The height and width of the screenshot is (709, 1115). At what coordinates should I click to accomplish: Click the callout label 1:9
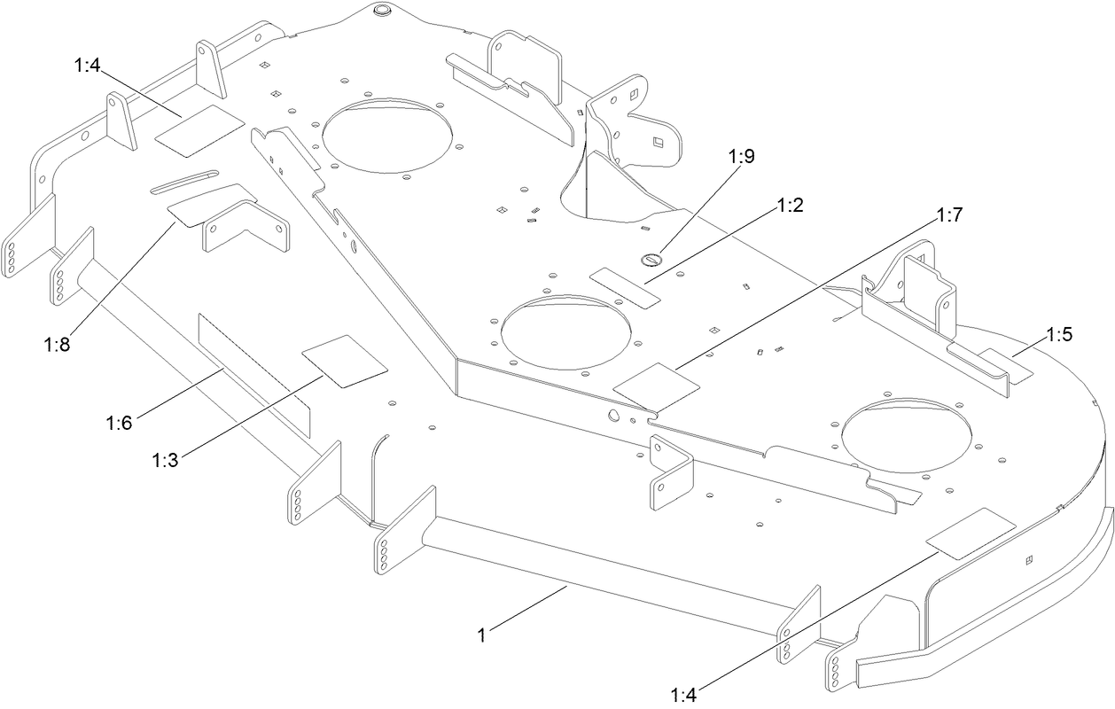pos(742,157)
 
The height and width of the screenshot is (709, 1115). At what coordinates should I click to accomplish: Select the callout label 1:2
pos(790,206)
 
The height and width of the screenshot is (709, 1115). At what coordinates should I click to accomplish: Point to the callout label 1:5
pos(1059,335)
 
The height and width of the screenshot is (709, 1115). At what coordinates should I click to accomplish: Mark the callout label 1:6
pos(118,423)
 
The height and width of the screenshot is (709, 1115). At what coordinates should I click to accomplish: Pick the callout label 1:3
pos(166,461)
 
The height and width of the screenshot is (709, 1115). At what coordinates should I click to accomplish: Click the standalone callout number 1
pos(482,635)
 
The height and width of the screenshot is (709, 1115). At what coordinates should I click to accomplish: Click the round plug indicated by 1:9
pos(651,260)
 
